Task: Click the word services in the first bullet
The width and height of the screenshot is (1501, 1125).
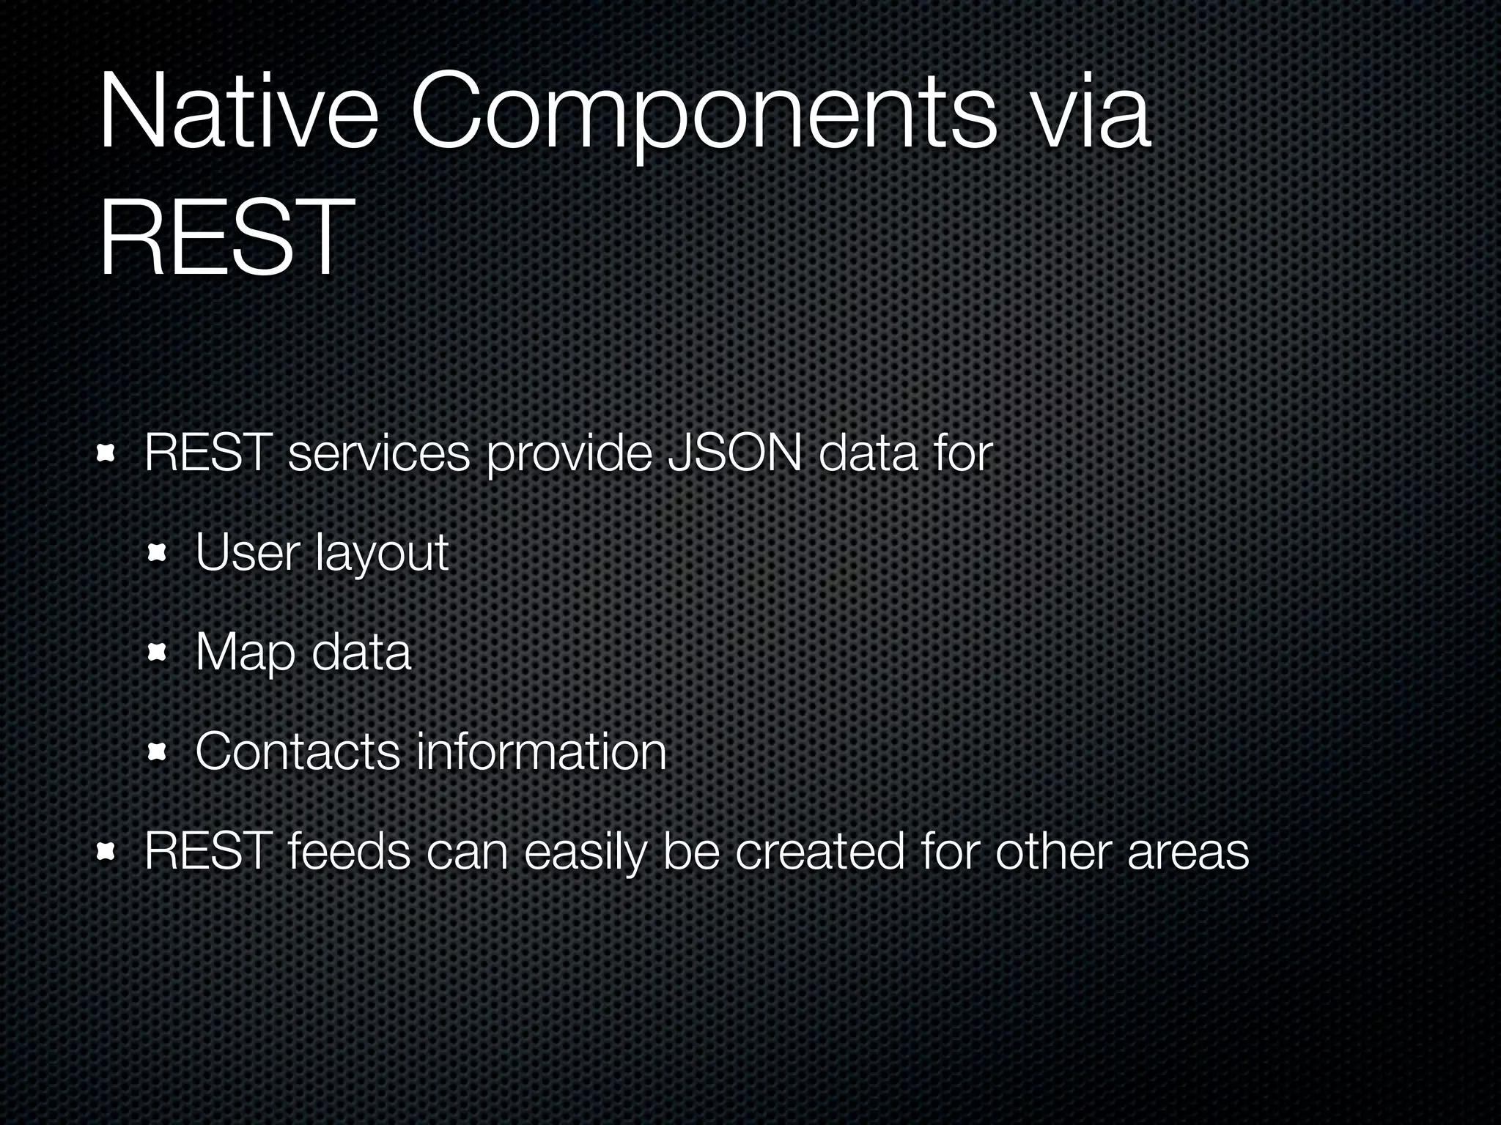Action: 379,453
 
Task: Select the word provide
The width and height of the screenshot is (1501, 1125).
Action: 569,455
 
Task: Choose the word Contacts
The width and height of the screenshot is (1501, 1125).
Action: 297,751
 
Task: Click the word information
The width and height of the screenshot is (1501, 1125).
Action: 541,751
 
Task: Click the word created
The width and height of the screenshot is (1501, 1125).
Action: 819,852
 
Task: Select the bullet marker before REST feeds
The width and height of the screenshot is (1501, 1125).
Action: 107,852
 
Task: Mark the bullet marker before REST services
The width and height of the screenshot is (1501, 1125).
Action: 107,454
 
